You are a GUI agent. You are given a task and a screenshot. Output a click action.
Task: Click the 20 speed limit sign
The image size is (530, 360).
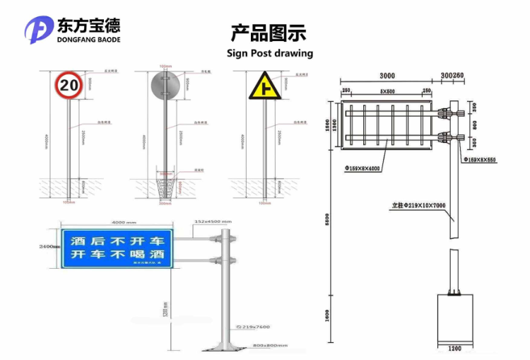[x=69, y=86]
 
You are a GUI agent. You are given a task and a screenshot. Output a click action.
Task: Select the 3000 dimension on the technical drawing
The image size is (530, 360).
[x=387, y=76]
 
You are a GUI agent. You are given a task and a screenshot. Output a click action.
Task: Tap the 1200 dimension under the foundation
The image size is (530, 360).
[x=454, y=349]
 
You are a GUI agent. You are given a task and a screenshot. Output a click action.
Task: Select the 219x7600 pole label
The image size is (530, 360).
[x=254, y=326]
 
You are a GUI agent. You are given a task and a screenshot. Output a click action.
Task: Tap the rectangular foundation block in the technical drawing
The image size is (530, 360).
[x=454, y=318]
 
